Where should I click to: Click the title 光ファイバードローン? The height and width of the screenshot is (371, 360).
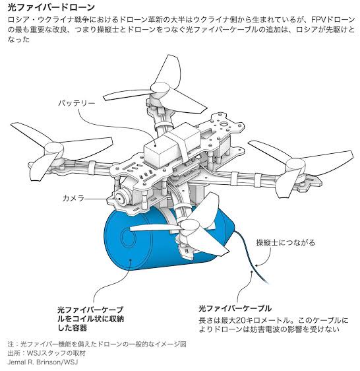coord(51,7)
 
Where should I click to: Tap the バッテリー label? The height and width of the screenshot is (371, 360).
coord(76,103)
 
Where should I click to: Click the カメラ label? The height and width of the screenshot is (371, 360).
coord(73,198)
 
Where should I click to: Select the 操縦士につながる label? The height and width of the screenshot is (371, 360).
coord(285,242)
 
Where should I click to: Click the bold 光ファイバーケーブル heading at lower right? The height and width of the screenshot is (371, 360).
coord(235,308)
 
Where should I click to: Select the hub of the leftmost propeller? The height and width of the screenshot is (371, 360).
coord(54,150)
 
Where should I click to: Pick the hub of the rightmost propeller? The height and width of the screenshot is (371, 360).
coord(295,166)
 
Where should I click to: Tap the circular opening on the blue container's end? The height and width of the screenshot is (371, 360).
coord(129,237)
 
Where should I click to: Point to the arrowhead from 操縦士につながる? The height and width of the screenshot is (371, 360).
coord(256,265)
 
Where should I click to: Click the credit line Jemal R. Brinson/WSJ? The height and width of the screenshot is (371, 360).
coord(43,362)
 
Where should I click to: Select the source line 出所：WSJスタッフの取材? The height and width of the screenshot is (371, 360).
coord(47,353)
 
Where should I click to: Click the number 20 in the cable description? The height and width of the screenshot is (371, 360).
coord(241,320)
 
